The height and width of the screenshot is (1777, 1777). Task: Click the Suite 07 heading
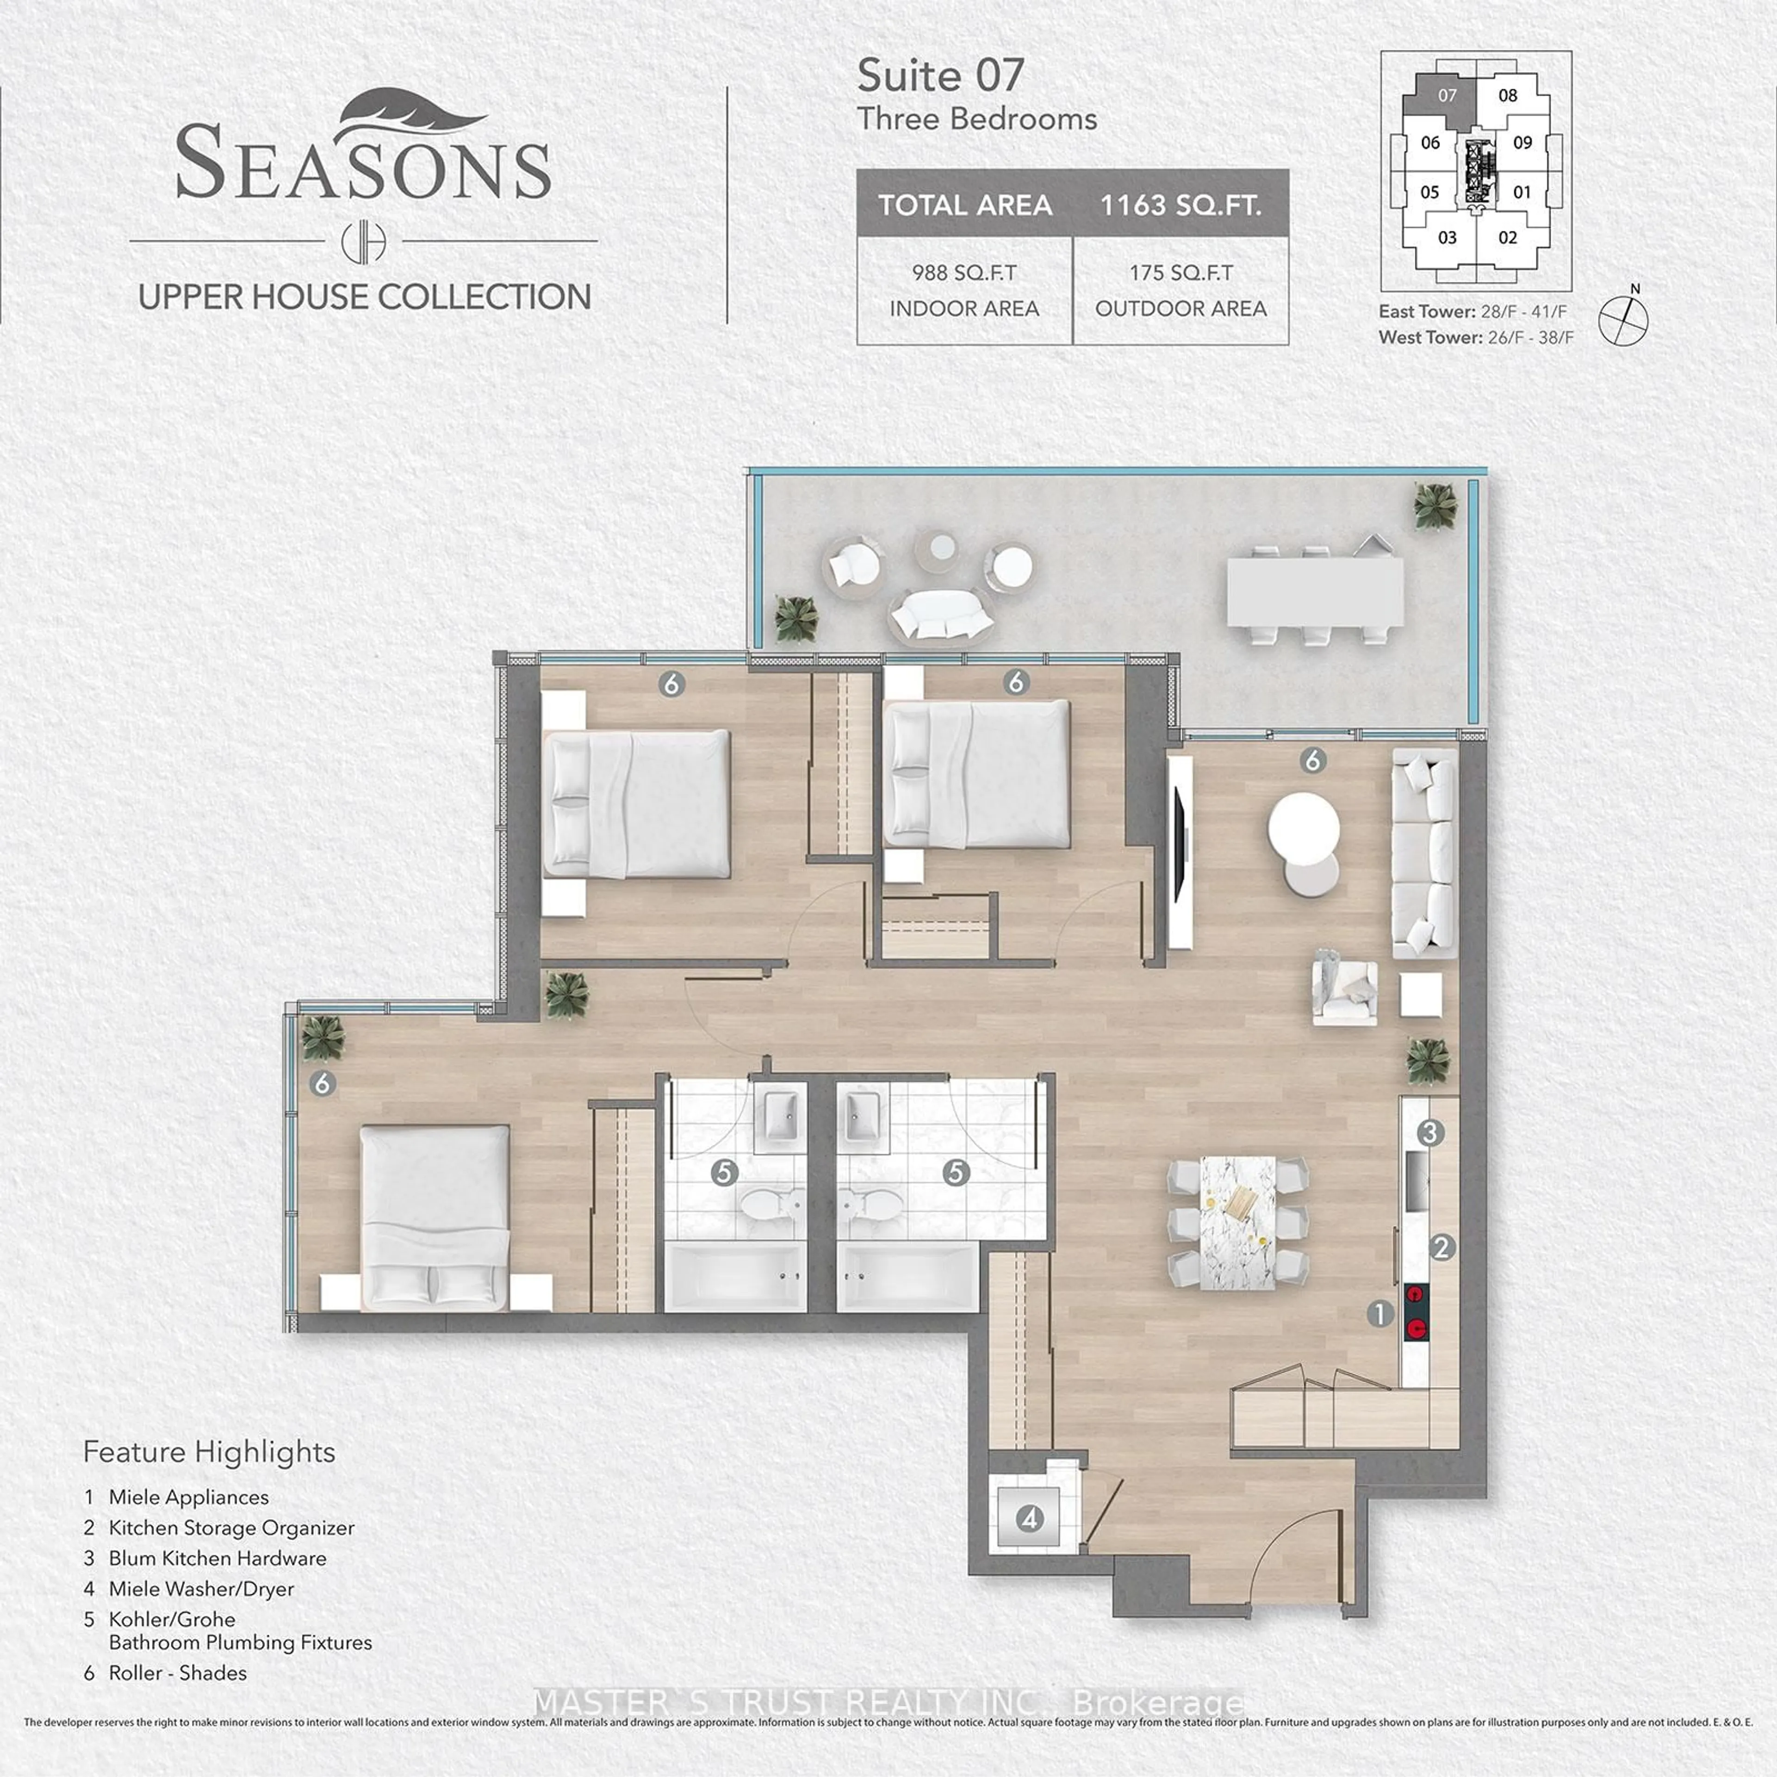coord(940,75)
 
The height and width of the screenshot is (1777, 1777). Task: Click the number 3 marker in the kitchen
coord(1429,1132)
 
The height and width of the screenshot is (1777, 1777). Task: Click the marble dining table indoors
coord(1238,1222)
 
